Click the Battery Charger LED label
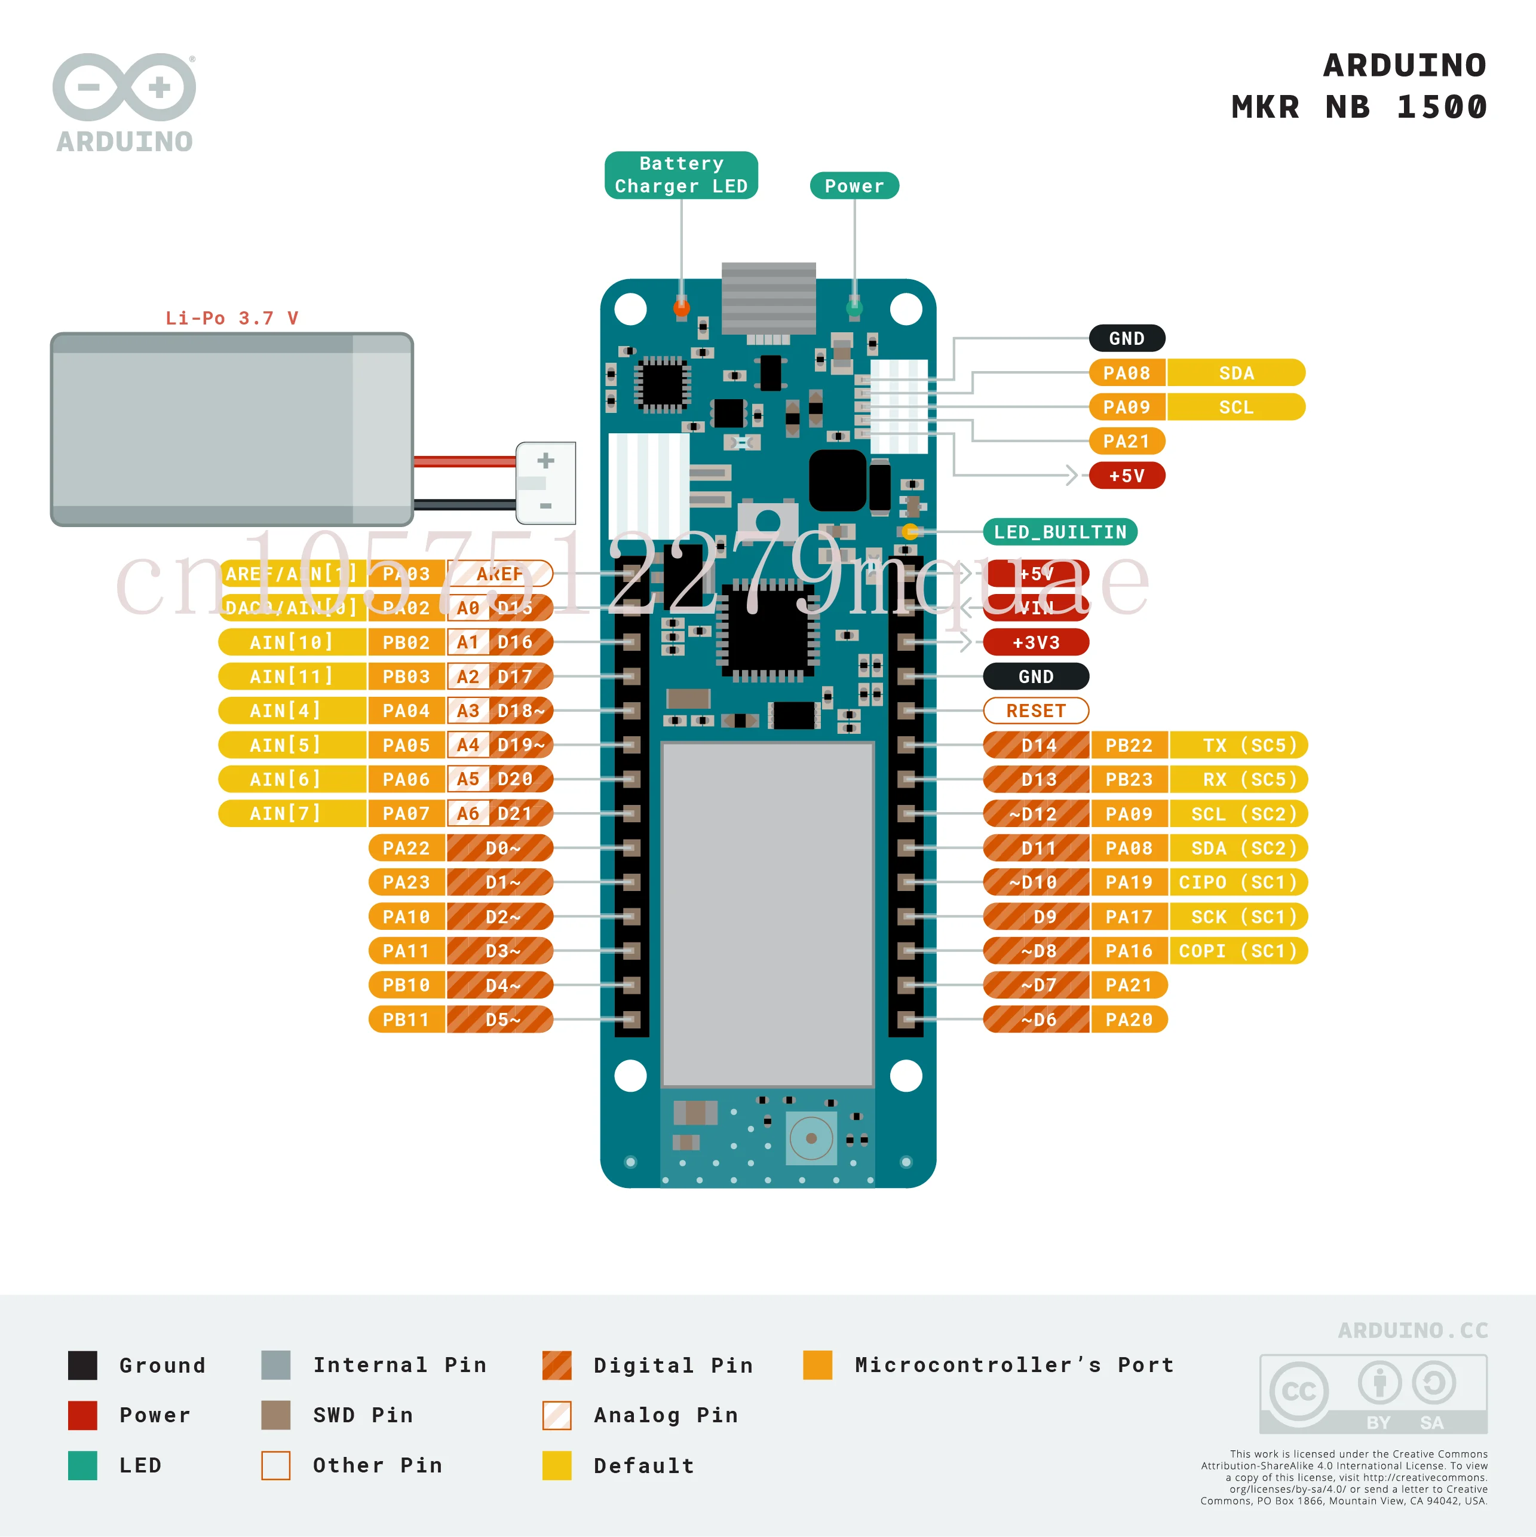(x=681, y=175)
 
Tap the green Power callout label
(x=854, y=186)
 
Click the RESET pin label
(x=1036, y=711)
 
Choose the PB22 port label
(x=1128, y=745)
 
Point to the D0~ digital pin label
(x=502, y=849)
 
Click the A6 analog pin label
(x=468, y=814)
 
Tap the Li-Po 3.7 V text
(x=231, y=319)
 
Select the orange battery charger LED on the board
(x=681, y=307)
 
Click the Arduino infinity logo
(x=124, y=87)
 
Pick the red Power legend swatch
(x=82, y=1415)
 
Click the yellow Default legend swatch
(x=557, y=1465)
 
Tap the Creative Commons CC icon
(x=1298, y=1391)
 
